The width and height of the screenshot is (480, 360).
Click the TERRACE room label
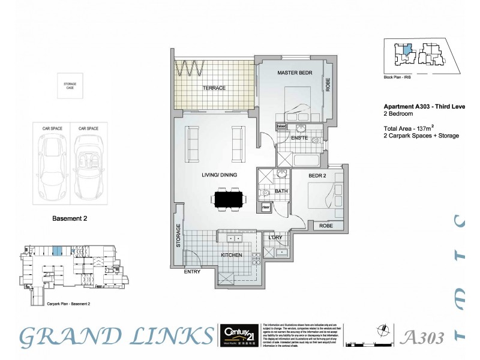pyautogui.click(x=214, y=88)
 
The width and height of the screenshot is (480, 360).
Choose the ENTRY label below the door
pyautogui.click(x=191, y=272)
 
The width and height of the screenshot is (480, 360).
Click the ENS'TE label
pyautogui.click(x=299, y=139)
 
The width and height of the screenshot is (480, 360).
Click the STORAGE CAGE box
pyautogui.click(x=71, y=86)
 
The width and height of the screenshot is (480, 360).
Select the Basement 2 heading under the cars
pyautogui.click(x=70, y=218)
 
